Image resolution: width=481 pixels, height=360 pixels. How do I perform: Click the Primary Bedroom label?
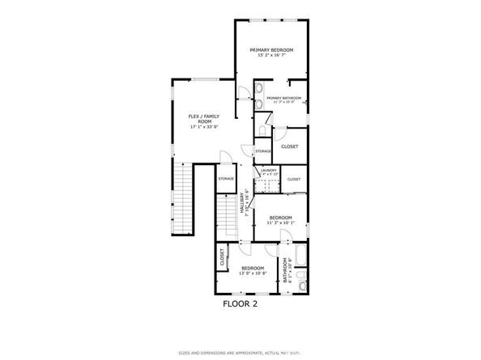[271, 50]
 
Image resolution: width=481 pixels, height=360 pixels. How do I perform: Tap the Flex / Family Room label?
[205, 118]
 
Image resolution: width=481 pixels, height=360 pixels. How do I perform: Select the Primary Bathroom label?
[283, 98]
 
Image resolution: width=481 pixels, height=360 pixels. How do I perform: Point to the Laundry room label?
[269, 170]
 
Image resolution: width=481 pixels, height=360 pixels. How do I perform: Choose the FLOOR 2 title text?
[240, 304]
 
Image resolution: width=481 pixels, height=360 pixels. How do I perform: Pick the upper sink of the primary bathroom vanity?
[258, 88]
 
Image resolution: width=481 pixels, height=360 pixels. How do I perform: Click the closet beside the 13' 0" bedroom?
[222, 256]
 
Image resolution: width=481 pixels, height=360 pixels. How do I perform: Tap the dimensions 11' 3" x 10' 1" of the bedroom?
[281, 223]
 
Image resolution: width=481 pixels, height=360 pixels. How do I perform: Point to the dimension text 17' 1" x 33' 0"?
[205, 127]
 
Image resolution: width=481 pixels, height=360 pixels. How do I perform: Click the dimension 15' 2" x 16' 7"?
[271, 56]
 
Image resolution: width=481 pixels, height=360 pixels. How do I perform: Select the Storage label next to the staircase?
[226, 179]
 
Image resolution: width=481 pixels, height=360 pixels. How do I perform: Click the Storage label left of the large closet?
[263, 151]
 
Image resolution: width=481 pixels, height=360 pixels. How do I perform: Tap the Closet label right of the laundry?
[293, 179]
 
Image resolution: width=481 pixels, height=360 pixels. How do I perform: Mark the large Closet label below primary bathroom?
[289, 146]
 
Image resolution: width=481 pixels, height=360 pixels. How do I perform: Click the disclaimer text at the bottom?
[240, 354]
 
